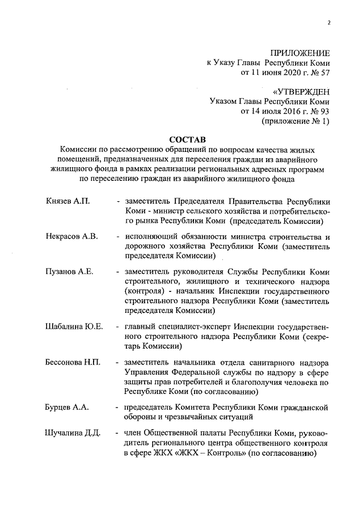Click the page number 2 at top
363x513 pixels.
(328, 23)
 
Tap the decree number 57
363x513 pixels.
(324, 73)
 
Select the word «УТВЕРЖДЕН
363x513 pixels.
(301, 91)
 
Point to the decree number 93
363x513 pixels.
(324, 111)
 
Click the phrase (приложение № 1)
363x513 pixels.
(295, 121)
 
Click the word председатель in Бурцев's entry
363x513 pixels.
(150, 407)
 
